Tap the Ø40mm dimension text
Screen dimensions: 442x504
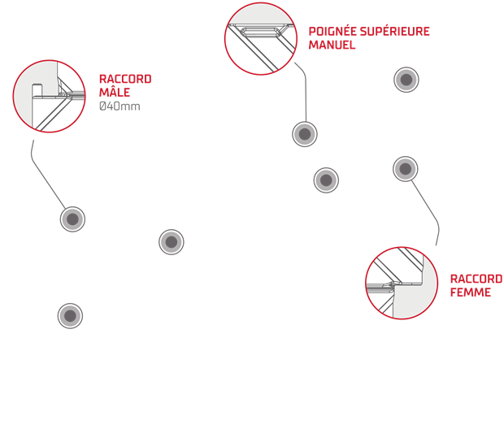[x=119, y=106]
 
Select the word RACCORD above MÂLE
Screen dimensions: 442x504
[x=124, y=80]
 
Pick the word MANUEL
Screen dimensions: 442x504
[x=332, y=45]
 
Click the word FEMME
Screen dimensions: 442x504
[x=471, y=292]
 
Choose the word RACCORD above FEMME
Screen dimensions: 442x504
[x=476, y=279]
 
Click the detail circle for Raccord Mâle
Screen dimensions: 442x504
[x=49, y=96]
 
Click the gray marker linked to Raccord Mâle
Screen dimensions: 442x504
[x=72, y=219]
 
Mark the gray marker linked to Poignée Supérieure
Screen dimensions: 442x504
[x=305, y=134]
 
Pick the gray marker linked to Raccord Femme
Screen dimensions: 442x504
[x=405, y=168]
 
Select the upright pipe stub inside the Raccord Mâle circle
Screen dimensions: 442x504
[x=37, y=89]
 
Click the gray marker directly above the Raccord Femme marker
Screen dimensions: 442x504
[x=406, y=80]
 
